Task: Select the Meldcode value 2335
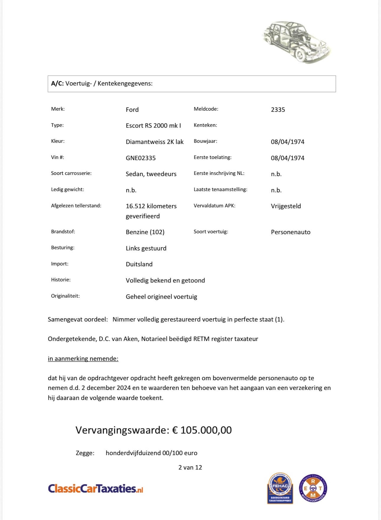[278, 110]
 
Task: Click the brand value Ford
[132, 110]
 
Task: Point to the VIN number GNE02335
[140, 158]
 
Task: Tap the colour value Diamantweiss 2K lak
[154, 142]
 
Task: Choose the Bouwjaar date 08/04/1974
[288, 142]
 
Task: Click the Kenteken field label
[205, 125]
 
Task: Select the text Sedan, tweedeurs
[151, 174]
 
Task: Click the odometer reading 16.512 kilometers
[151, 206]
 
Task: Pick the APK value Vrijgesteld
[286, 206]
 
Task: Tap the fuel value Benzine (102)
[145, 232]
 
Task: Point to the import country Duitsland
[139, 264]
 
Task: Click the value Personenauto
[291, 232]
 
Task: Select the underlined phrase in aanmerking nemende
[83, 359]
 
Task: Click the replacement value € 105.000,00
[202, 430]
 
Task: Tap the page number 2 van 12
[190, 467]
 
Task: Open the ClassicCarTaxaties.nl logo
[96, 488]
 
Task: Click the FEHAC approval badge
[280, 488]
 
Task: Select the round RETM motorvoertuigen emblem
[313, 488]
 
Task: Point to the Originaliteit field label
[65, 296]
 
